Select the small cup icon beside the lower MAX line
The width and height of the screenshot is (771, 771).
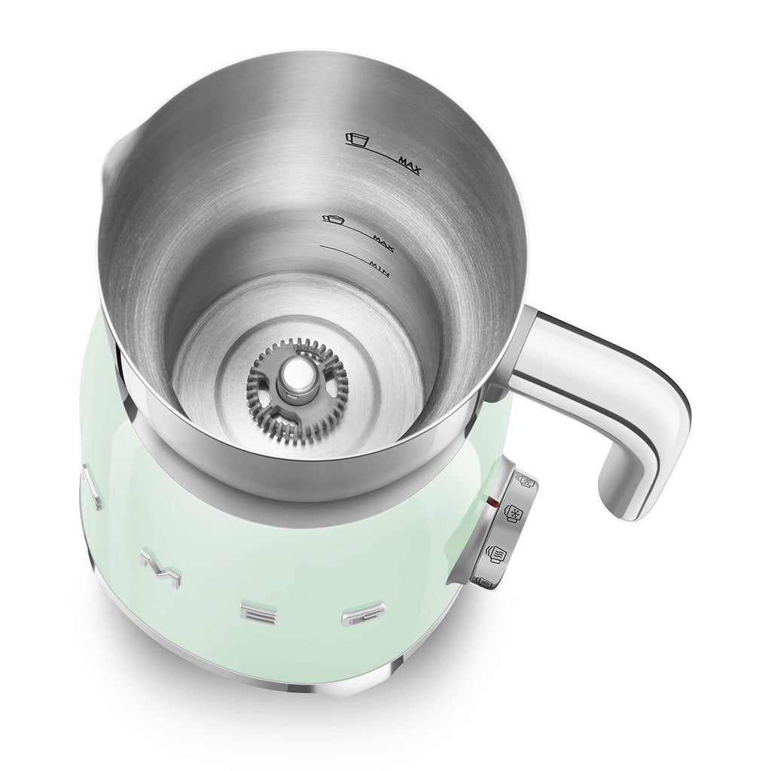[331, 219]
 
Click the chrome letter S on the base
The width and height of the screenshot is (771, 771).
[88, 489]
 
